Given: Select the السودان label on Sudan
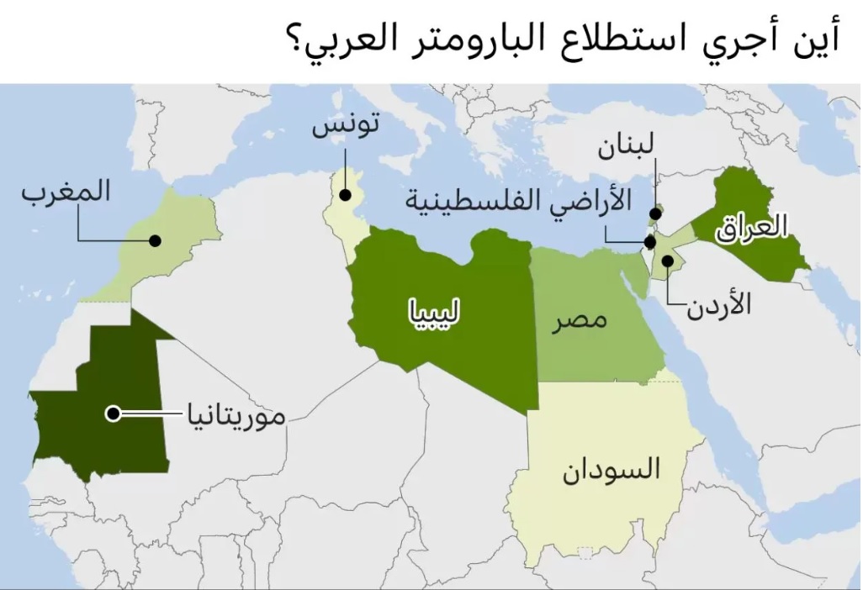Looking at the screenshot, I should point(611,469).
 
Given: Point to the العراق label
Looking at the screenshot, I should point(752,227).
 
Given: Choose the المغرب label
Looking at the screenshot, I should point(66,191).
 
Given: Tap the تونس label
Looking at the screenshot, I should point(346,127).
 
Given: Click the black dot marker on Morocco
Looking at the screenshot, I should point(155,240).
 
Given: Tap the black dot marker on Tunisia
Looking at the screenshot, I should point(345,195).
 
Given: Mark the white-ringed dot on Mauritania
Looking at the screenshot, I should point(112,413).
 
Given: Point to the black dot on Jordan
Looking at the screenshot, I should point(666,261).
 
